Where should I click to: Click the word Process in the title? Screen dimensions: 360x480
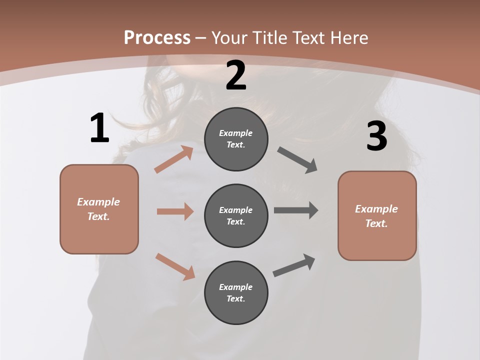tap(157, 38)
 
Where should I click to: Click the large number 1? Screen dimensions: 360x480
tap(99, 128)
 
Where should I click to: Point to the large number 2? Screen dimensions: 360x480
tap(236, 75)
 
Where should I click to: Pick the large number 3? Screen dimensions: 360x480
tap(376, 136)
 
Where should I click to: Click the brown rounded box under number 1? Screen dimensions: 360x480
tap(99, 209)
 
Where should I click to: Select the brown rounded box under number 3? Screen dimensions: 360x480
tap(377, 216)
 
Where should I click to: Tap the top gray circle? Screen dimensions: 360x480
tap(236, 139)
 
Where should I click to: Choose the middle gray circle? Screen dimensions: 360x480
tap(236, 215)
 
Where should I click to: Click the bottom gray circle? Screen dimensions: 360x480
tap(236, 292)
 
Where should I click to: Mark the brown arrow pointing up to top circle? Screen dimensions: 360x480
tap(174, 159)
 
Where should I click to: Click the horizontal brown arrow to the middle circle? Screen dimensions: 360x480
tap(175, 211)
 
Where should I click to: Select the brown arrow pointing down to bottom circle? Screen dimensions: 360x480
tap(175, 266)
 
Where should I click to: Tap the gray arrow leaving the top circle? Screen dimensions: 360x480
tap(297, 160)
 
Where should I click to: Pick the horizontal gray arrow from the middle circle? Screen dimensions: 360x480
tap(296, 210)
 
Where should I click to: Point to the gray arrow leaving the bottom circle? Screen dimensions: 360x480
tap(294, 265)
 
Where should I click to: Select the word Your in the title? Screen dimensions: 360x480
tap(228, 38)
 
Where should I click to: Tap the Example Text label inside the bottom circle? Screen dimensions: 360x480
tap(236, 293)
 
